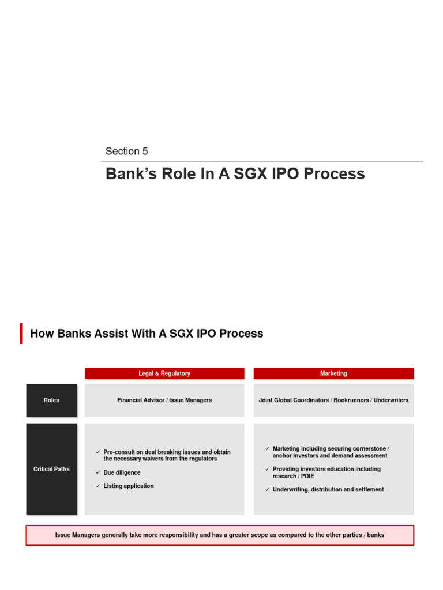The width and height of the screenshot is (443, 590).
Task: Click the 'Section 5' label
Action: pyautogui.click(x=126, y=152)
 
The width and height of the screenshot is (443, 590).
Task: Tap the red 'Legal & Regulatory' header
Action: pyautogui.click(x=164, y=373)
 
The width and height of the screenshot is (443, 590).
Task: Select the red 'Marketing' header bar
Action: pyautogui.click(x=333, y=373)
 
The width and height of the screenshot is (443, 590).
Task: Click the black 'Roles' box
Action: pyautogui.click(x=51, y=400)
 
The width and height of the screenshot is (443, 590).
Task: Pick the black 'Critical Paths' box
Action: pyautogui.click(x=51, y=469)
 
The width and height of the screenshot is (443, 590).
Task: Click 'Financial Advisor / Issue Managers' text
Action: pyautogui.click(x=164, y=400)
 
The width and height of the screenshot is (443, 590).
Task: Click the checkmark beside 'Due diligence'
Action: pyautogui.click(x=98, y=473)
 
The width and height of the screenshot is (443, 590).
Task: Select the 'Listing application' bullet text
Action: pyautogui.click(x=129, y=486)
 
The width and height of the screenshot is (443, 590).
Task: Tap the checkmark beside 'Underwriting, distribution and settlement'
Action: pyautogui.click(x=267, y=490)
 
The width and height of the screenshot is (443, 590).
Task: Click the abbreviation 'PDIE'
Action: pyautogui.click(x=307, y=476)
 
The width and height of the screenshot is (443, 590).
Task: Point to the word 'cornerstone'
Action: pyautogui.click(x=370, y=449)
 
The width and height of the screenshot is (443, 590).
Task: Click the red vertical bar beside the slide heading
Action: pyautogui.click(x=21, y=334)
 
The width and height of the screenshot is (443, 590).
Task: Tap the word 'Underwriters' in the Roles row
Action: pyautogui.click(x=391, y=400)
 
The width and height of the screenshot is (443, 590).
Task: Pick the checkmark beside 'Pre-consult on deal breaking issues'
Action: pyautogui.click(x=98, y=453)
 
